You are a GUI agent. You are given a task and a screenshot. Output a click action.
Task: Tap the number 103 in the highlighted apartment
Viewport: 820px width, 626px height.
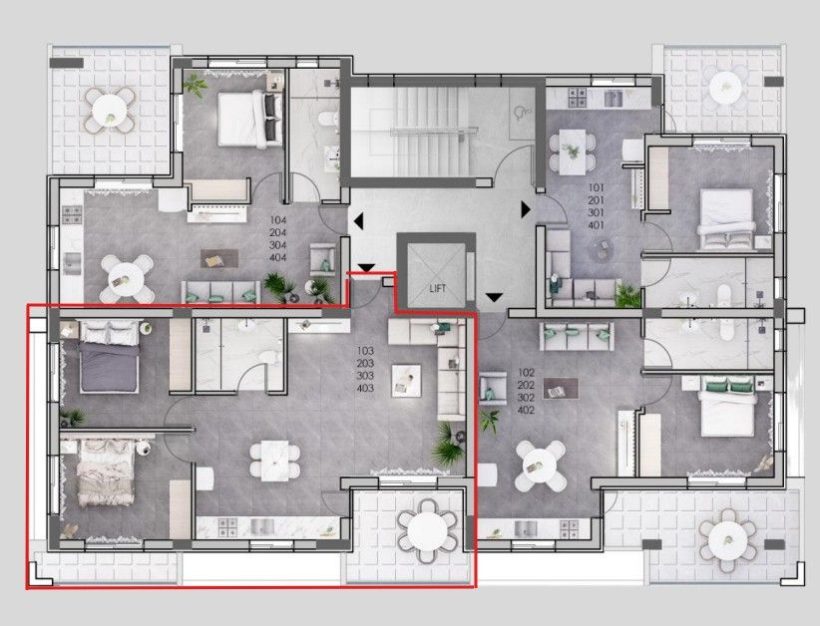point(365,351)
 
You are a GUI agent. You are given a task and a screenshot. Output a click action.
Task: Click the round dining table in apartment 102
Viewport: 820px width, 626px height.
point(537,465)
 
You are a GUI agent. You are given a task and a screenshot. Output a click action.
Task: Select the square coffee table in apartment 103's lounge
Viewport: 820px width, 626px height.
point(405,377)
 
